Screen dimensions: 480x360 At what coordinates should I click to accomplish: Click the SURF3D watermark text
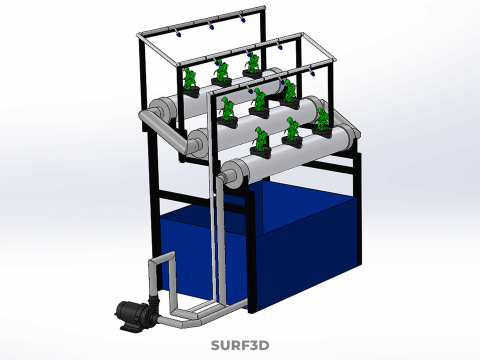click(240, 345)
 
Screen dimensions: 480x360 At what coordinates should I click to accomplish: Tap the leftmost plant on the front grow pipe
click(261, 142)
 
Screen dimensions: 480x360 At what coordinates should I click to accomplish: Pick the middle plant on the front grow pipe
click(292, 132)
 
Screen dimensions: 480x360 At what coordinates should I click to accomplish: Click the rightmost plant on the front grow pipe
click(322, 123)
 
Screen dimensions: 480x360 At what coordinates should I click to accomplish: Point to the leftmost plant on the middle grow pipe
click(228, 112)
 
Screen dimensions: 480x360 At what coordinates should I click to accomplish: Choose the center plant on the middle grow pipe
click(259, 103)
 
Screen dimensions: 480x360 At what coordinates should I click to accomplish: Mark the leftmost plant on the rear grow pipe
click(190, 83)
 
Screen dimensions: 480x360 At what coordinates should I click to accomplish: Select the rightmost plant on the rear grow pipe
click(252, 65)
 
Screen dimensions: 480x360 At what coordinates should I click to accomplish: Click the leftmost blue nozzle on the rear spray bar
click(179, 34)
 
